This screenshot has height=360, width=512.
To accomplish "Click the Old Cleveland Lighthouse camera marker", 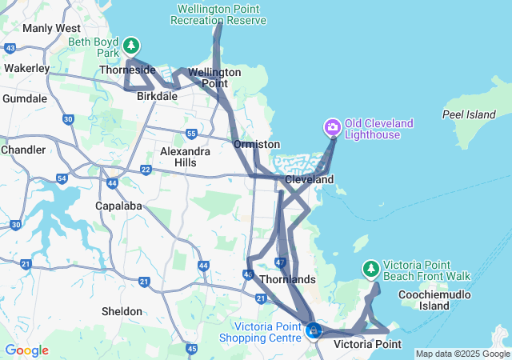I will point(333,127).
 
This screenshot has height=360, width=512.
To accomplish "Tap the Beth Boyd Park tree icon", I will point(131,46).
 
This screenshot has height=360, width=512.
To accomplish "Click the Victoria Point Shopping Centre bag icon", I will point(314,330).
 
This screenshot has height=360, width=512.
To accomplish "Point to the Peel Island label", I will point(469,114).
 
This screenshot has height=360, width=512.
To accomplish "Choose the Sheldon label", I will point(122,311).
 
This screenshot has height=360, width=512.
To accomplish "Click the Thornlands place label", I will point(288,280).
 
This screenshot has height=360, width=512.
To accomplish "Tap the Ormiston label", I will point(257,144).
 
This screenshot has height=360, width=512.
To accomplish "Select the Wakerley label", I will point(27,68).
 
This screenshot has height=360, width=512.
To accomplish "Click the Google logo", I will point(26,350).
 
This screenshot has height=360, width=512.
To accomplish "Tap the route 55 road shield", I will point(190,134).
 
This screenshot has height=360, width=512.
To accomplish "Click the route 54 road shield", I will point(62,178).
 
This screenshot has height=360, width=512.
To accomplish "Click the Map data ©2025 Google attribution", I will point(462,354).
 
